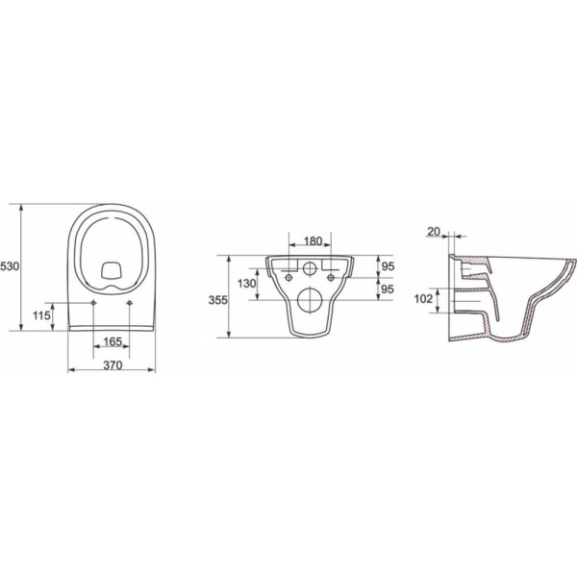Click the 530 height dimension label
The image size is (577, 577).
[10, 266]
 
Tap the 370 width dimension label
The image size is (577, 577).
[113, 365]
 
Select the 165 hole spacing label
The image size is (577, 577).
[113, 341]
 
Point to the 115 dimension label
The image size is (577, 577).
[41, 315]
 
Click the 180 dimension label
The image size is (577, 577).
[314, 241]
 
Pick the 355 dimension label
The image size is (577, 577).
[218, 300]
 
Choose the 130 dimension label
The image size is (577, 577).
[246, 284]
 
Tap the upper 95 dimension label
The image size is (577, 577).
[388, 266]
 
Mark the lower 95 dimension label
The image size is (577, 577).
[388, 289]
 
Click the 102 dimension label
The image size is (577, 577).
[423, 299]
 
